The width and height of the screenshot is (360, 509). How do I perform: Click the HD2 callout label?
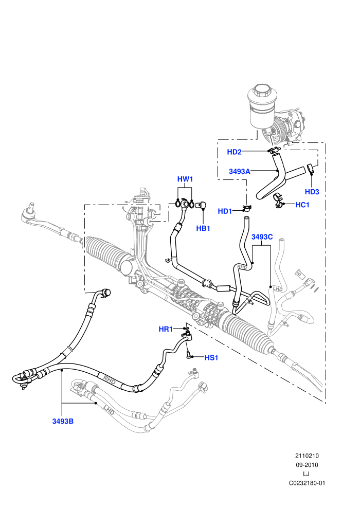tap(234, 152)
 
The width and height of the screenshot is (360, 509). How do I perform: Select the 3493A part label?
tap(239, 171)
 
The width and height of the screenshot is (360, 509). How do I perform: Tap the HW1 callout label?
tap(185, 179)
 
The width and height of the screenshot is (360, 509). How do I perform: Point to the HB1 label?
tap(203, 228)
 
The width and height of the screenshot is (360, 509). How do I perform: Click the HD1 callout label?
tap(225, 211)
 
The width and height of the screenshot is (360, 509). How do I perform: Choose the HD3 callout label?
tap(312, 192)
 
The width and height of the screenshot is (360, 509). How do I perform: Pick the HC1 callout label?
tap(302, 205)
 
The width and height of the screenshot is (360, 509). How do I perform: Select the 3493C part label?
tap(262, 237)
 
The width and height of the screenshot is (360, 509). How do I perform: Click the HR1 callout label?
tap(166, 329)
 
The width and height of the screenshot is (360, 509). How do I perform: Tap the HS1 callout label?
tap(211, 358)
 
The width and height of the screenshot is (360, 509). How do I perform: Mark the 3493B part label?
tap(63, 422)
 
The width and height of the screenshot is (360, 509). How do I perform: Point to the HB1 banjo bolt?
tap(202, 206)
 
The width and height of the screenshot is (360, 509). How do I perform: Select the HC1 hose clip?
tap(278, 201)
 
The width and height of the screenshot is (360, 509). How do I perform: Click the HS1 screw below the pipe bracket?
tap(188, 355)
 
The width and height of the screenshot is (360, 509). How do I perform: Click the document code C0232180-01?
tap(307, 483)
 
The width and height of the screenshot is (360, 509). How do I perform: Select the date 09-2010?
tap(307, 465)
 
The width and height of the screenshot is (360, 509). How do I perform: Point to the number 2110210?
tap(307, 456)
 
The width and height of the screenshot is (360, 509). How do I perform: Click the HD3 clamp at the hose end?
tap(310, 169)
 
